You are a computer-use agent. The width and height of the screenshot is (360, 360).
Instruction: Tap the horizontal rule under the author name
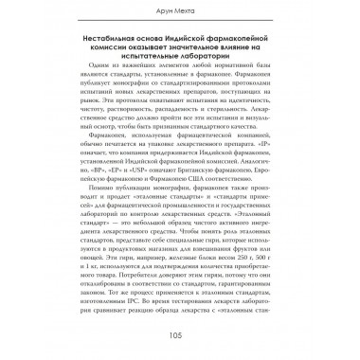coord(179,24)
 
